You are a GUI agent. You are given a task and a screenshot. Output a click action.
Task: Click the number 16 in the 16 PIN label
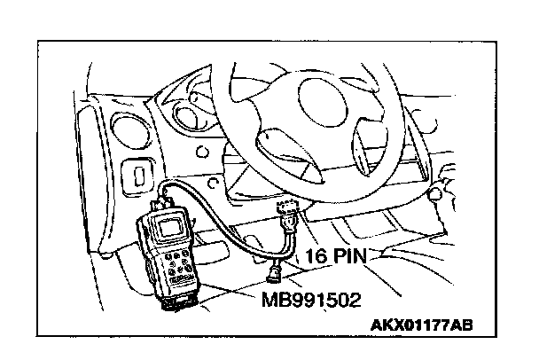tap(317, 258)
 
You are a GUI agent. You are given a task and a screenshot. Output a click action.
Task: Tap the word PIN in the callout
tap(350, 258)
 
